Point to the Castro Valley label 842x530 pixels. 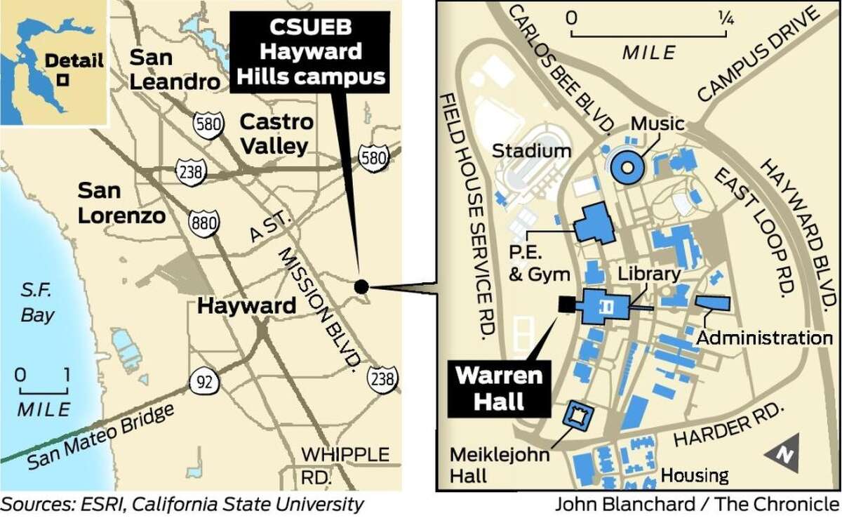[276, 133]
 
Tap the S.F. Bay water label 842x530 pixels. [37, 304]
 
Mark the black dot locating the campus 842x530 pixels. [361, 286]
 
